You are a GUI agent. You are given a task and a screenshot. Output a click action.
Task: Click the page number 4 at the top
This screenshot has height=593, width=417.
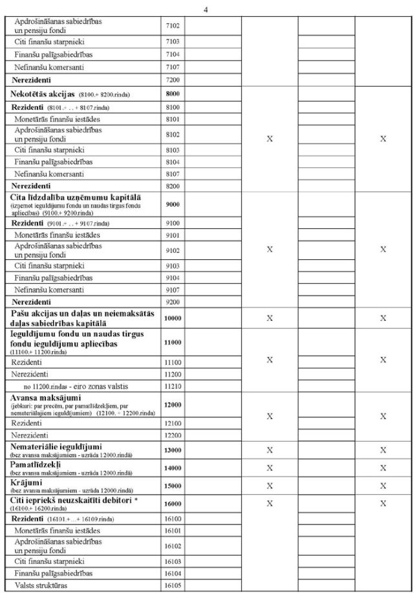206,9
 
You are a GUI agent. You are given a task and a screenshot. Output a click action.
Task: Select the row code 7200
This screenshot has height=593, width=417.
172,79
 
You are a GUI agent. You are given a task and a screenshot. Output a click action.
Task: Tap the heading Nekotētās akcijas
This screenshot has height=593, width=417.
44,94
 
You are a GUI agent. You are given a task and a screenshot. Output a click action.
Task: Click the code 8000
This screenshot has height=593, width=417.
172,94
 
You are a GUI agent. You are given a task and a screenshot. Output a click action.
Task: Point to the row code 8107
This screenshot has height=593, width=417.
172,174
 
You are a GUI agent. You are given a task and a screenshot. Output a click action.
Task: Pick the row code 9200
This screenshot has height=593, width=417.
172,301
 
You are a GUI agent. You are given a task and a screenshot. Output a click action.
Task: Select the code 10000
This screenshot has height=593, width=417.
172,318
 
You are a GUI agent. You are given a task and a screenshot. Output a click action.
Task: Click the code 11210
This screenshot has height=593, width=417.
172,386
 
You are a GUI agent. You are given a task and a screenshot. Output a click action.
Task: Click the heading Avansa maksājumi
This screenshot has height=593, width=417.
47,396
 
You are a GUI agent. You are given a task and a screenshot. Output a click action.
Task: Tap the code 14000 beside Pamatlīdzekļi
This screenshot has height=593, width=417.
172,468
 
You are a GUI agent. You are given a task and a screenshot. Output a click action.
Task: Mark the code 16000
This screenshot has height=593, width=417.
172,503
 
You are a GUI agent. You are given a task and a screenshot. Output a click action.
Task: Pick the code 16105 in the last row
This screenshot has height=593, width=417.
172,586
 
